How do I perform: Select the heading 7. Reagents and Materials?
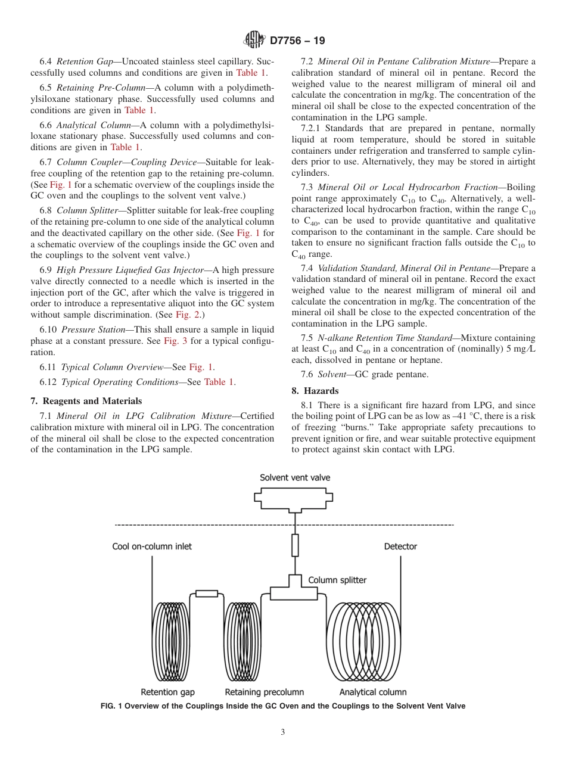pyautogui.click(x=86, y=401)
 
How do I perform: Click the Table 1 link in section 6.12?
pyautogui.click(x=219, y=382)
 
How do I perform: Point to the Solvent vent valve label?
pyautogui.click(x=295, y=478)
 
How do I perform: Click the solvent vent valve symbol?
pyautogui.click(x=295, y=499)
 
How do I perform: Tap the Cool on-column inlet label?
pyautogui.click(x=152, y=546)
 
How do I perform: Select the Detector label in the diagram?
pyautogui.click(x=400, y=546)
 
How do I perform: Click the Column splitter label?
pyautogui.click(x=337, y=580)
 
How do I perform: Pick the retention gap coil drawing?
pyautogui.click(x=174, y=639)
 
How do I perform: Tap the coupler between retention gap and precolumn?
pyautogui.click(x=207, y=594)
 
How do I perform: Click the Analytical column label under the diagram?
pyautogui.click(x=373, y=692)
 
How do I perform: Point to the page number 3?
pyautogui.click(x=283, y=732)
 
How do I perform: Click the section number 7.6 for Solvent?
pyautogui.click(x=308, y=374)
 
